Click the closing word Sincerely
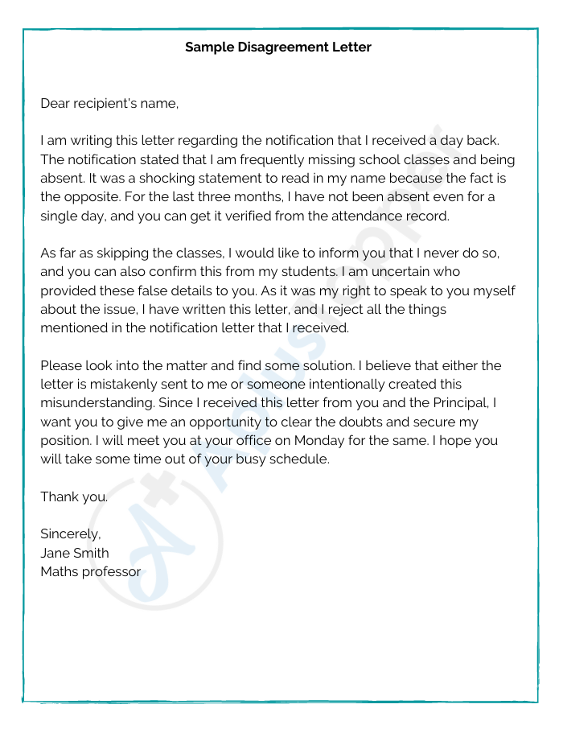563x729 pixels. coord(71,533)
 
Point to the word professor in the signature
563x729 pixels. coord(110,571)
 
